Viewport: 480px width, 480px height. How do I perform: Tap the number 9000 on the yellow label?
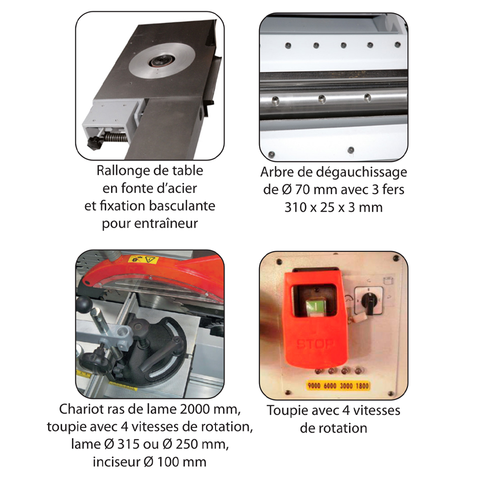point(315,385)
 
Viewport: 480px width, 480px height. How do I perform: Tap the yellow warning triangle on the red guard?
point(152,261)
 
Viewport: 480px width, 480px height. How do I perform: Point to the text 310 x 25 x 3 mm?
point(333,207)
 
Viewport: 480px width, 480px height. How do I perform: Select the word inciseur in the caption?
point(116,462)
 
